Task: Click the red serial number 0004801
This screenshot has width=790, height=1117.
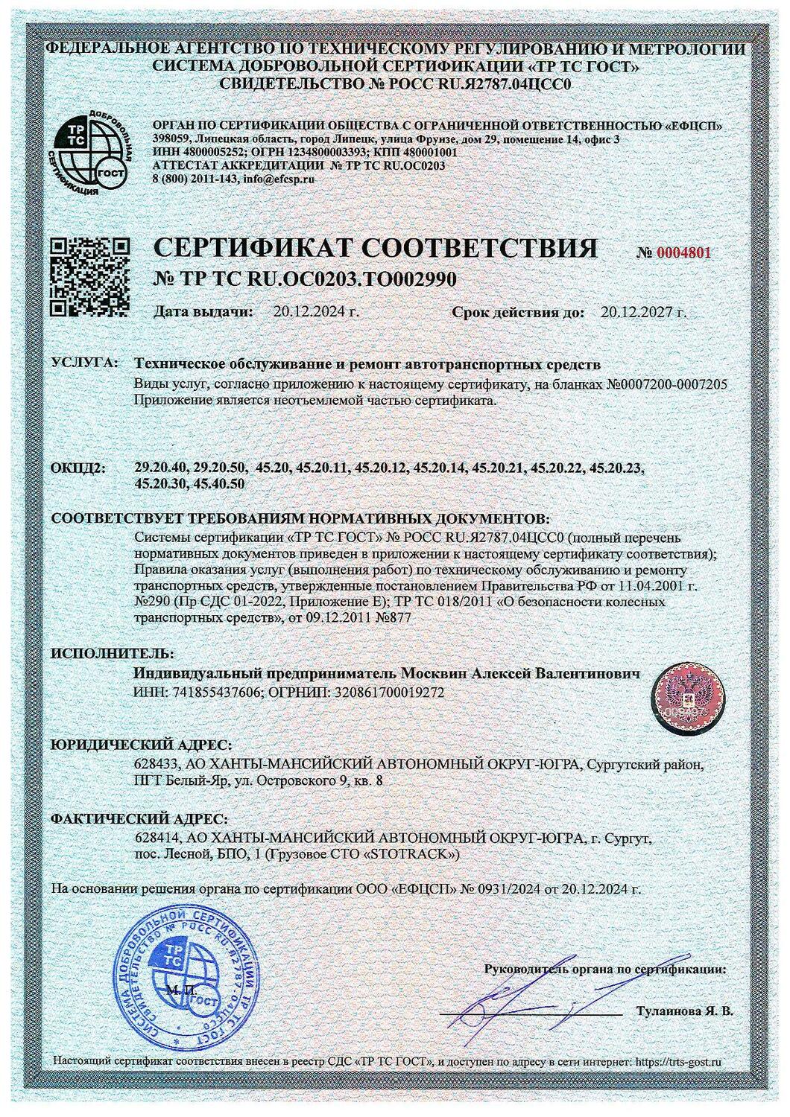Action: pos(683,252)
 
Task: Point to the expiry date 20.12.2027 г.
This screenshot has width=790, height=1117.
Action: pos(642,311)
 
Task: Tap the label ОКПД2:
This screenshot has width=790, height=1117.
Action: pos(78,468)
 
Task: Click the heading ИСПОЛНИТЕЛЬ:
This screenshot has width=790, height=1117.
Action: pos(101,654)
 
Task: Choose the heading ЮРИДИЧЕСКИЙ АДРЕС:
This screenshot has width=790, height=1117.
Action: pos(141,745)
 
